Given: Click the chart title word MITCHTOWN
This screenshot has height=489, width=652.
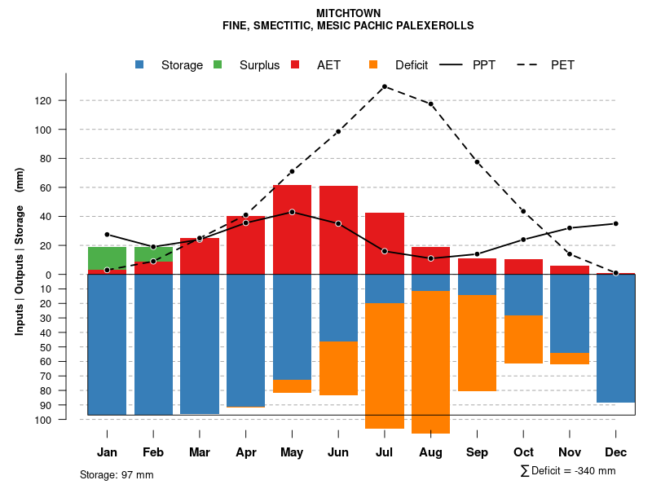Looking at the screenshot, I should click(x=347, y=13).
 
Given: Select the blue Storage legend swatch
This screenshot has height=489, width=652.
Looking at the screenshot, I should click(x=141, y=64).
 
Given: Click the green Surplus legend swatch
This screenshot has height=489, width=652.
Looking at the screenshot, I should click(x=218, y=64).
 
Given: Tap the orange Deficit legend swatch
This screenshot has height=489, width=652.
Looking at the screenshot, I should click(x=374, y=64).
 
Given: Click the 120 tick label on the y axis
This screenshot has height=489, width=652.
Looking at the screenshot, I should click(x=65, y=101).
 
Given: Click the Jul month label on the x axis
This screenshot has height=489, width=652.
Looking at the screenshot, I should click(x=385, y=452).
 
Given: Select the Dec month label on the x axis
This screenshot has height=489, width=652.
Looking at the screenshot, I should click(x=615, y=452).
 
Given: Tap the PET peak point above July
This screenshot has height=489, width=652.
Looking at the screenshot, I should click(x=385, y=86).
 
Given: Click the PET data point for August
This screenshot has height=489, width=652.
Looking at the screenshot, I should click(x=430, y=104).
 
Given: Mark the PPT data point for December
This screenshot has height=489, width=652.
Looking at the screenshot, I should click(x=615, y=223).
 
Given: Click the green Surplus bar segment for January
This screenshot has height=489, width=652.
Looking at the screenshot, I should click(x=107, y=258).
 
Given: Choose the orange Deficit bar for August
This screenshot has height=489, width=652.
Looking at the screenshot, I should click(x=430, y=362).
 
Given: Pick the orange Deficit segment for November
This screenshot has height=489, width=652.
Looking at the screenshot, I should click(x=569, y=359).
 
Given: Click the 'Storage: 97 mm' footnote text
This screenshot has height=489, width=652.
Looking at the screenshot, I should click(x=117, y=474).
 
